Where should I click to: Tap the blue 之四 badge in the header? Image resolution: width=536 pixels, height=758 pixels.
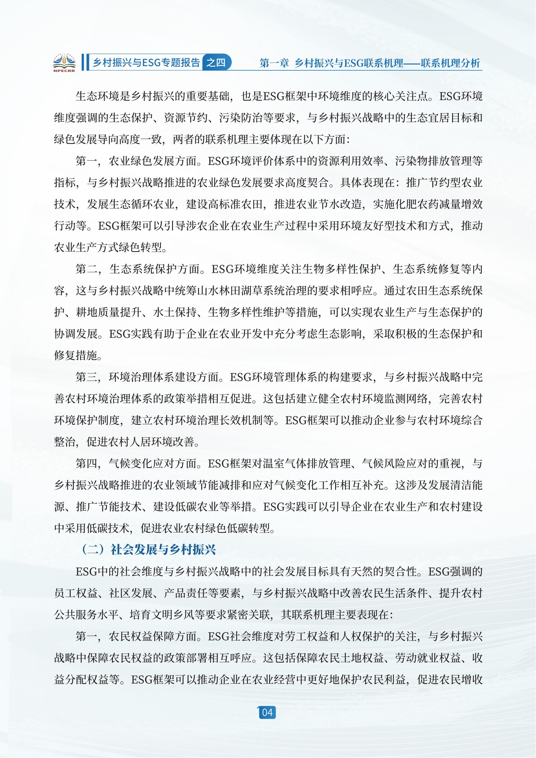pos(216,62)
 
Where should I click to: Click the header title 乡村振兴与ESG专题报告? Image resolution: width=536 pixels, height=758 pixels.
pos(146,63)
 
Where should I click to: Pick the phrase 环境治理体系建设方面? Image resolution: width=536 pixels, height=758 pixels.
pos(163,377)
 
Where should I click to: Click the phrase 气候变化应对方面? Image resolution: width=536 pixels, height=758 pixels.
pos(153,463)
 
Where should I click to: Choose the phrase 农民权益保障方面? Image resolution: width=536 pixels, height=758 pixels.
pos(153,636)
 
